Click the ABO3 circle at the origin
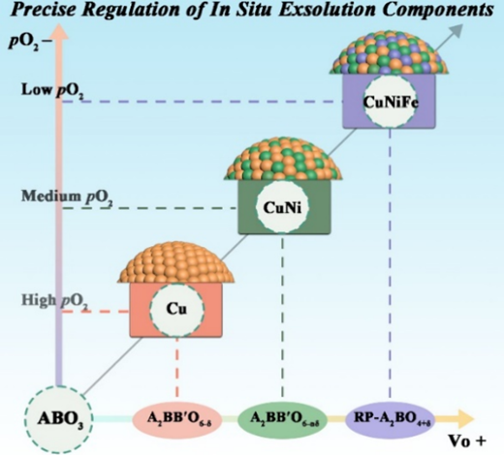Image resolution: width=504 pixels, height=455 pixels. (x=59, y=419)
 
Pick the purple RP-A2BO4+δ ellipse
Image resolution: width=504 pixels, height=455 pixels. (x=391, y=418)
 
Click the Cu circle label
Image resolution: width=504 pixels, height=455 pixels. (x=176, y=309)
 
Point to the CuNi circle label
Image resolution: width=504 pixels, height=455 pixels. (x=282, y=207)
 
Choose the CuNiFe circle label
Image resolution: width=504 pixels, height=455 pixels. (x=391, y=102)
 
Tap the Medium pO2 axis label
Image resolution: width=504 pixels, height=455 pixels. (x=67, y=197)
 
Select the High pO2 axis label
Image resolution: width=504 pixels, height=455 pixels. (x=55, y=301)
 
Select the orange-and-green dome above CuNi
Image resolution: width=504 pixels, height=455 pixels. (x=283, y=160)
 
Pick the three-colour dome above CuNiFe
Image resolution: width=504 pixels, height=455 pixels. (x=390, y=52)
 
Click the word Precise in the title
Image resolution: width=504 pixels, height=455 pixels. (x=45, y=10)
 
